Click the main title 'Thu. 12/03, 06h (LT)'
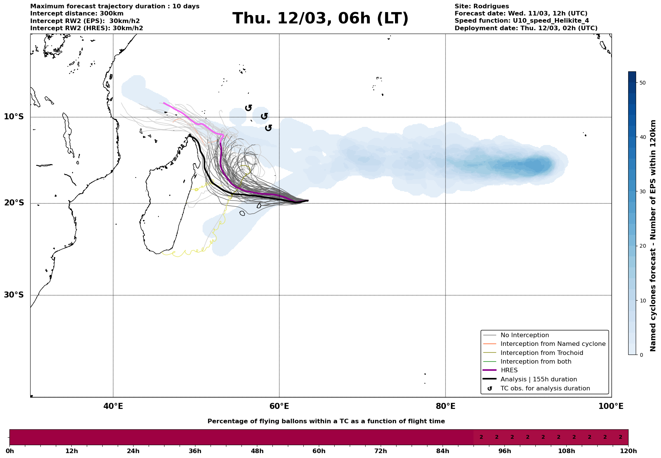coord(320,19)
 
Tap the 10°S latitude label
coord(14,117)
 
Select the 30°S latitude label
coord(14,295)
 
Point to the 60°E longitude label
coord(279,407)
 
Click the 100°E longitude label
coord(611,407)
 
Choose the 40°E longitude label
coord(113,407)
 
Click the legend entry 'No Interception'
coord(524,335)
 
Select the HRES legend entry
coord(509,370)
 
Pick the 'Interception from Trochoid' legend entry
coord(541,353)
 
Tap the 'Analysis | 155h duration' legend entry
coord(538,379)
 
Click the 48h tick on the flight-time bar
coord(257,451)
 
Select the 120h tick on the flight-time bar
coord(628,451)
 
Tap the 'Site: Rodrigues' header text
coord(481,6)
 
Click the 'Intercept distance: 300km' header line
coord(77,14)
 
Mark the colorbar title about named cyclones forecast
coord(653,236)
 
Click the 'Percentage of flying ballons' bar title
coord(326,421)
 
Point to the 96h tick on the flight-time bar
coord(505,451)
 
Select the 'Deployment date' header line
coord(526,28)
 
